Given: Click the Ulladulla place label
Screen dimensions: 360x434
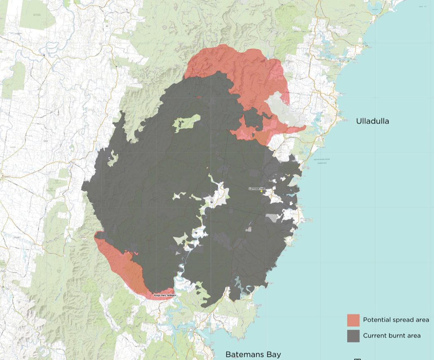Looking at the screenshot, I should (x=372, y=121).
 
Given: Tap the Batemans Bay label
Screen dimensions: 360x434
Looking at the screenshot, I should (x=253, y=354).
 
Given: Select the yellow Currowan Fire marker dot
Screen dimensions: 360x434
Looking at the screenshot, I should (x=261, y=191).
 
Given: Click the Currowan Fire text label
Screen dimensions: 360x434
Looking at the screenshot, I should (x=256, y=189).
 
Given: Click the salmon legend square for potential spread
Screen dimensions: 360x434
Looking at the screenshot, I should (x=353, y=320).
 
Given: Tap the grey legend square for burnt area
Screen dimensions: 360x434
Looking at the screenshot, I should (x=353, y=336).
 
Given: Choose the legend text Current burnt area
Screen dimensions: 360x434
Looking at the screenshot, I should (x=391, y=336).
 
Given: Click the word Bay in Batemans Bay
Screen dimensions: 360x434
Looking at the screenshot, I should (x=274, y=354).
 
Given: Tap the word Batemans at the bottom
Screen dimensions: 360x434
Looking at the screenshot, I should (x=244, y=354).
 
